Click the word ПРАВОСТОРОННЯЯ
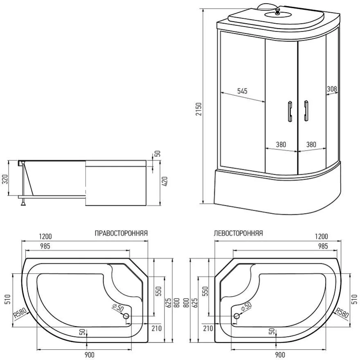point(121,234)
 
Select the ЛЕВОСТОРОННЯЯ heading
point(238,234)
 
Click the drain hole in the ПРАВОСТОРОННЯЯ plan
point(126,316)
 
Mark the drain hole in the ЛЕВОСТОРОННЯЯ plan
point(236,316)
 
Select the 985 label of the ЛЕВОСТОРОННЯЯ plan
point(323,246)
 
